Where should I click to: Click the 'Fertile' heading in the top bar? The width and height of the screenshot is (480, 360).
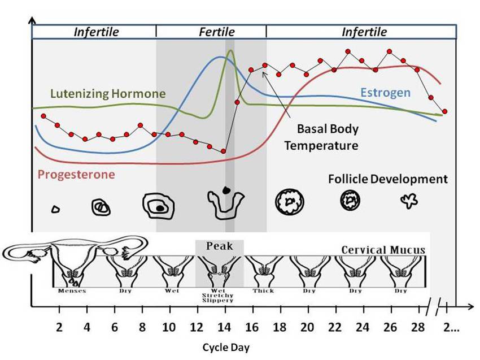(x=216, y=32)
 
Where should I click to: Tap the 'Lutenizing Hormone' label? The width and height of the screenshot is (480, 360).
(x=108, y=93)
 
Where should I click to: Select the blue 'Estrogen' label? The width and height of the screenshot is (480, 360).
(x=385, y=92)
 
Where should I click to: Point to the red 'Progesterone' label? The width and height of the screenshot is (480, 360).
(x=76, y=174)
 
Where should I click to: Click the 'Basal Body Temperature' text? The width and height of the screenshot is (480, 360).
(x=321, y=137)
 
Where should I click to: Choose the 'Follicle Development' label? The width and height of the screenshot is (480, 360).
(x=387, y=179)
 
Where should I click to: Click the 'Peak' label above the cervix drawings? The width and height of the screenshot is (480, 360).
(x=219, y=246)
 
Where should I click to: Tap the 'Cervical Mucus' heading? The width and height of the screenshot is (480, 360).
(x=383, y=250)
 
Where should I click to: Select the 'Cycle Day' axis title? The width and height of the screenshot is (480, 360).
(x=225, y=347)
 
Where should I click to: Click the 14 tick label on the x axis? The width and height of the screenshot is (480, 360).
(x=225, y=327)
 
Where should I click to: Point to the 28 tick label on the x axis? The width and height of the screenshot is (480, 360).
(x=418, y=327)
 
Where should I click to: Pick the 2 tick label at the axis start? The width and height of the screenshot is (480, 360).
(x=59, y=327)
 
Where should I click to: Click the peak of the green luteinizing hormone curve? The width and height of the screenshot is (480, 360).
(x=230, y=51)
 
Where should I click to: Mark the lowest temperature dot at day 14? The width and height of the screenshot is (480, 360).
(x=224, y=151)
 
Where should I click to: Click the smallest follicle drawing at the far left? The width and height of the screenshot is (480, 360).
(x=55, y=209)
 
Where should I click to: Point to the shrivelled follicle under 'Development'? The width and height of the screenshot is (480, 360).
(x=408, y=201)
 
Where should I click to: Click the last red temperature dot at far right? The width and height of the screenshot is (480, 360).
(x=445, y=111)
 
